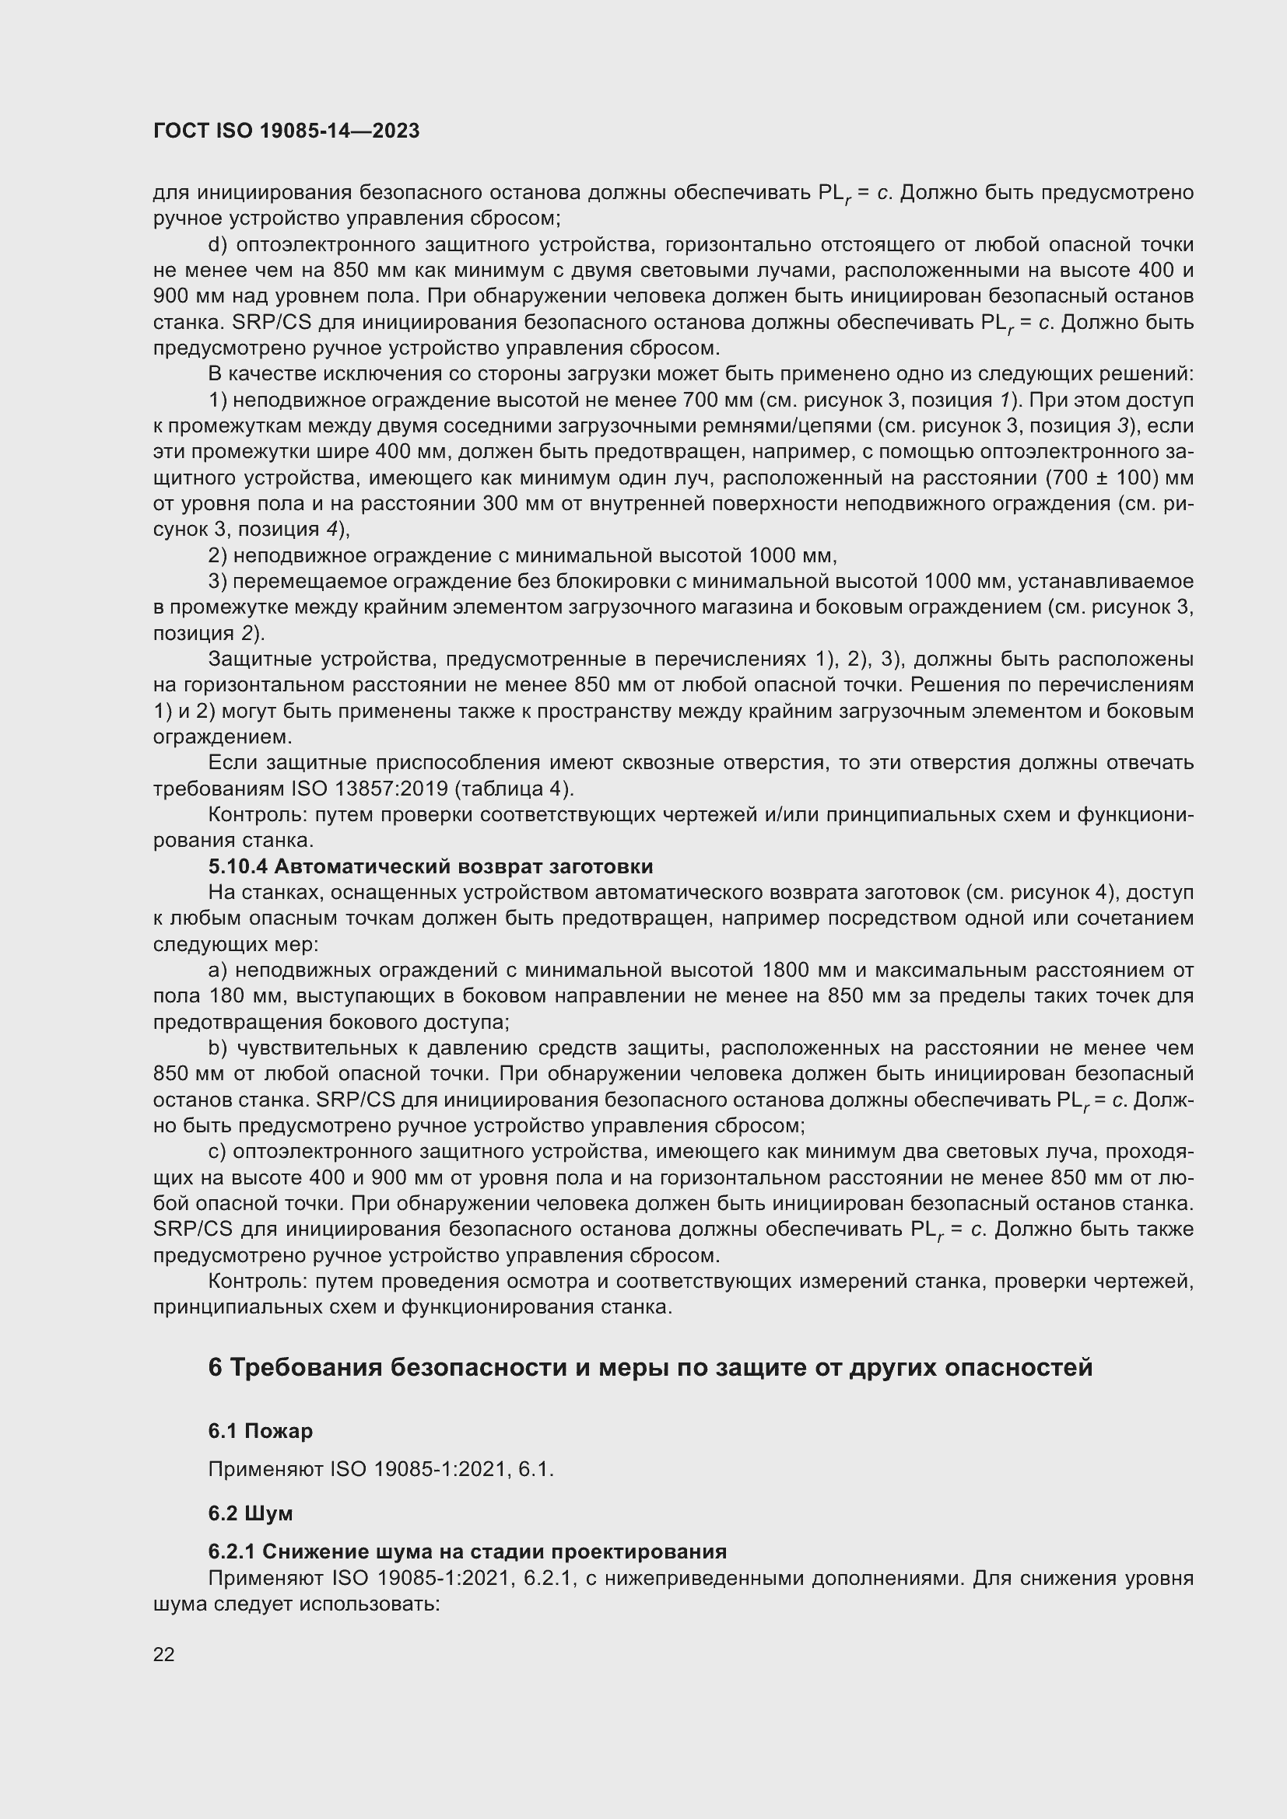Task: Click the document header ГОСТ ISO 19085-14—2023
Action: (x=286, y=131)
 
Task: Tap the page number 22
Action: (x=164, y=1654)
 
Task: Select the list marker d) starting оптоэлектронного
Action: (x=218, y=245)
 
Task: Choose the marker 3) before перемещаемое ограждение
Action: (x=218, y=582)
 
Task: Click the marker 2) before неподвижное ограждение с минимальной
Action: (x=218, y=555)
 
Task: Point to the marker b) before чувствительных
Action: (x=218, y=1048)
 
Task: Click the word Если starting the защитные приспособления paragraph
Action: (x=233, y=763)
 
